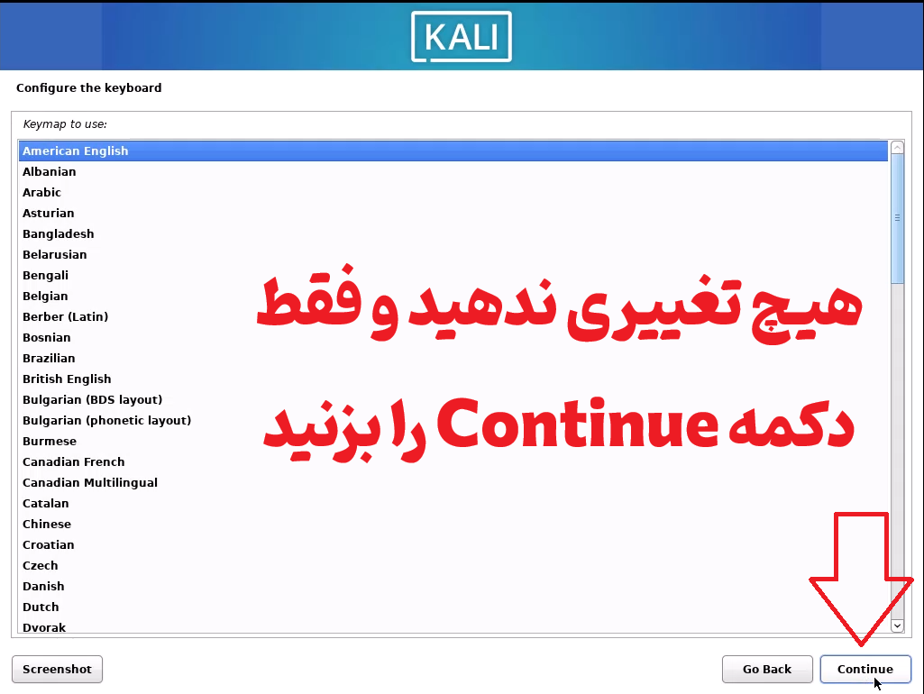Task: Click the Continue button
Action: [x=865, y=670]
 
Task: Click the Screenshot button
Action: [x=57, y=670]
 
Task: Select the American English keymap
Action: [x=76, y=151]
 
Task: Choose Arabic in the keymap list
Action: [x=41, y=193]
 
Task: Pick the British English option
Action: [x=67, y=379]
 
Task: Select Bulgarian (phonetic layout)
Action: [x=106, y=421]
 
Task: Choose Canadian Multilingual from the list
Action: [x=90, y=482]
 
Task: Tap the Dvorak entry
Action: [x=44, y=627]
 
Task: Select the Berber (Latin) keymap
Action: [x=66, y=317]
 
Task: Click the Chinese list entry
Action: [x=47, y=525]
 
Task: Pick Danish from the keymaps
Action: [x=43, y=586]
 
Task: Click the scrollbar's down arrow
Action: [x=898, y=626]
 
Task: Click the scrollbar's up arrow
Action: [x=898, y=147]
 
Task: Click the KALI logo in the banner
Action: [x=462, y=37]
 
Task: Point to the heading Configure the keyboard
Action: [x=89, y=87]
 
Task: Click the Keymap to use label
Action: [x=65, y=124]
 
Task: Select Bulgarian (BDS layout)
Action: [x=93, y=399]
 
